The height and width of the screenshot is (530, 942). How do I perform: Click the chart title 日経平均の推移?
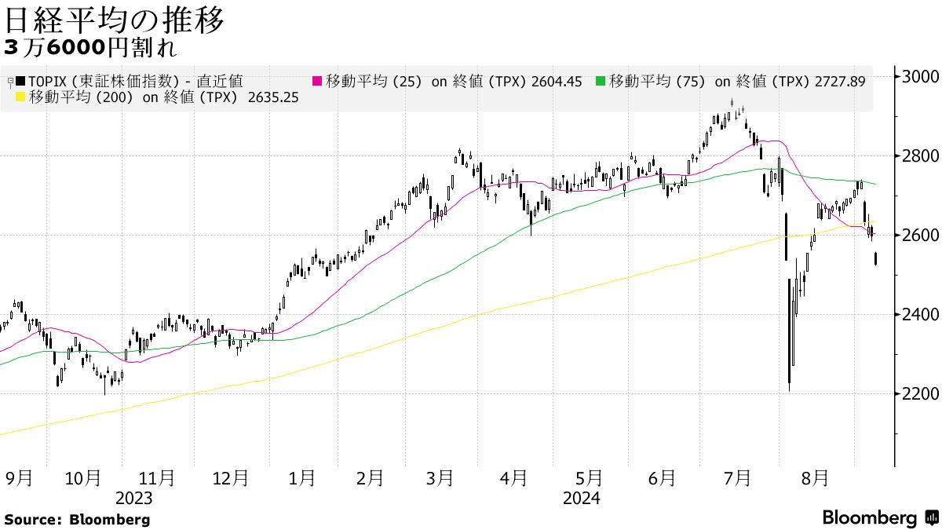tap(115, 20)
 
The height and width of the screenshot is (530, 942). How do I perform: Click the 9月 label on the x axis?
tap(19, 478)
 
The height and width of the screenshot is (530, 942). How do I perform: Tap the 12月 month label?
tap(231, 478)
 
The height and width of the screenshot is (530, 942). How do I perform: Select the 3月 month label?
tap(440, 478)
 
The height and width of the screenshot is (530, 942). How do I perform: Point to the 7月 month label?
tap(736, 478)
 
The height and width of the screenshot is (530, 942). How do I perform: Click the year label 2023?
tap(133, 499)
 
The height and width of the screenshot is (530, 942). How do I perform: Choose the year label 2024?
tap(581, 499)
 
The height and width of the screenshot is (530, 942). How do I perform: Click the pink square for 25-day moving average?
tap(318, 81)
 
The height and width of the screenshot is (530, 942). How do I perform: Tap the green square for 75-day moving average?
tap(601, 81)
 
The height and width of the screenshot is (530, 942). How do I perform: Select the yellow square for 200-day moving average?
tap(20, 98)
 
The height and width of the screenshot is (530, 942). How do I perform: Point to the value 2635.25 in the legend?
tap(273, 98)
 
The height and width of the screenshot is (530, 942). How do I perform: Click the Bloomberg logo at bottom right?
tap(879, 518)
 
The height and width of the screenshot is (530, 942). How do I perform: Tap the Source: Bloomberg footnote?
tap(77, 520)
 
